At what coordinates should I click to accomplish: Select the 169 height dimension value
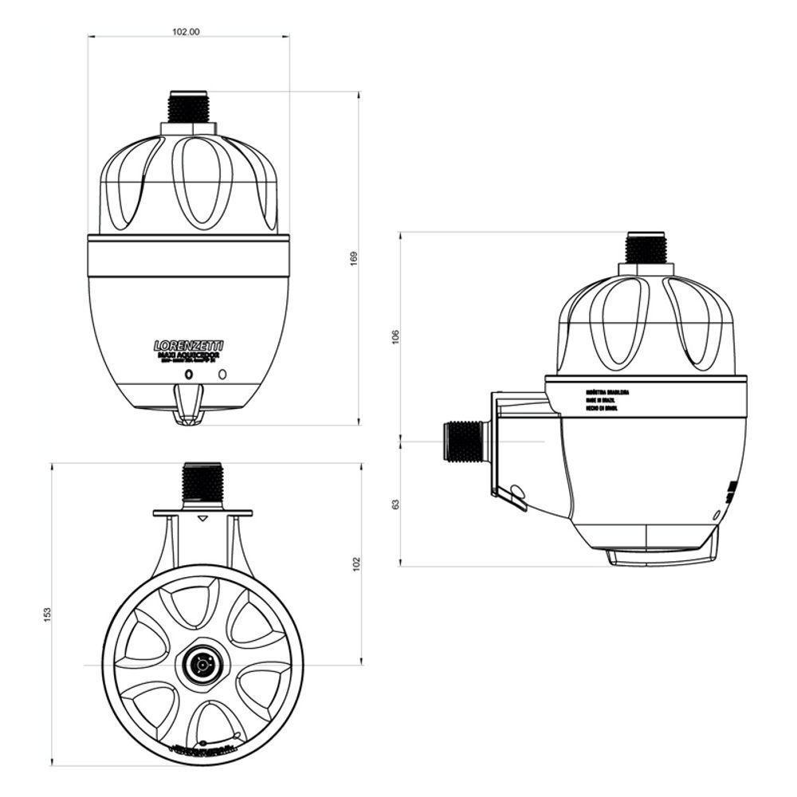tap(355, 259)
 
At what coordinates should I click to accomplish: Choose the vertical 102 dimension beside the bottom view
tap(357, 563)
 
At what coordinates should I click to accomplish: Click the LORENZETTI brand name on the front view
tap(188, 346)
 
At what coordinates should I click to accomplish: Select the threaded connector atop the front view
tap(188, 107)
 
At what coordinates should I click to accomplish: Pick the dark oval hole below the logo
tap(188, 374)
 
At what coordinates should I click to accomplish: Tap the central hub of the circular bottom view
tap(198, 663)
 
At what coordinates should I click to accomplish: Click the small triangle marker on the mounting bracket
tap(202, 519)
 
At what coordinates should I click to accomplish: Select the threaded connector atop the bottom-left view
tap(202, 483)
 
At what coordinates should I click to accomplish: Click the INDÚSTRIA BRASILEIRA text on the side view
tap(607, 392)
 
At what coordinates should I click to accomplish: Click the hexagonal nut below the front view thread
tap(188, 128)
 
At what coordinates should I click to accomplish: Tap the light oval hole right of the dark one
tap(222, 374)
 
